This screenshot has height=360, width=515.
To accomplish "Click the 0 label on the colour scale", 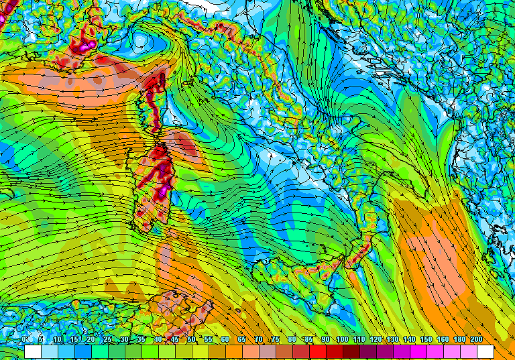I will tap(24, 340).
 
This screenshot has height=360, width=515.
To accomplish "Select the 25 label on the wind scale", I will tap(108, 340).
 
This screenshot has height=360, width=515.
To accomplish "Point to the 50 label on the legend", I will tap(192, 340).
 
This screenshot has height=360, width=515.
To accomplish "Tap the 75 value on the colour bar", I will tap(276, 340).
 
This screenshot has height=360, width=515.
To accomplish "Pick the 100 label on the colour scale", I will tap(342, 340).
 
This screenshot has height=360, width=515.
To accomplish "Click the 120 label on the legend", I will tap(376, 340).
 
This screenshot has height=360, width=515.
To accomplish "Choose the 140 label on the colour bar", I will tap(409, 340).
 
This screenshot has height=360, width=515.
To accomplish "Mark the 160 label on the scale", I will tap(443, 340).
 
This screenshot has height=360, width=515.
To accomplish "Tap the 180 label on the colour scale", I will tap(459, 340).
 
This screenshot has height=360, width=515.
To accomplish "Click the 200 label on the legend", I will tap(476, 340).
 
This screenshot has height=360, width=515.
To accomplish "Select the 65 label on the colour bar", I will tap(242, 340).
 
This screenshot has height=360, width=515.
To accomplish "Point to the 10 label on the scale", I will tap(58, 340).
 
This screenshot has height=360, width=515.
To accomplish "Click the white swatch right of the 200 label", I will tap(485, 351).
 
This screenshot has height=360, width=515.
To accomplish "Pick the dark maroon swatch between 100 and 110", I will tap(351, 351).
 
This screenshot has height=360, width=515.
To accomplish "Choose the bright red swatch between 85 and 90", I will tap(317, 351).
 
